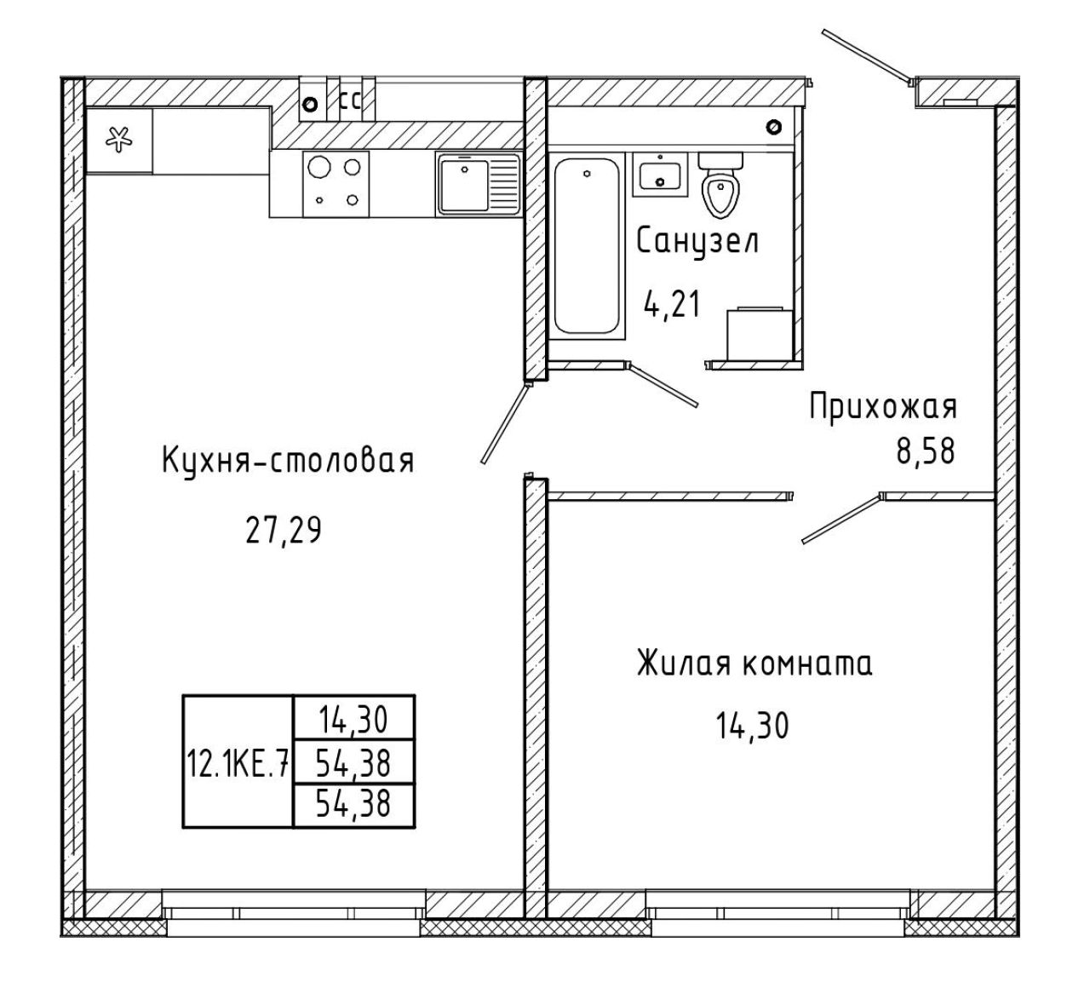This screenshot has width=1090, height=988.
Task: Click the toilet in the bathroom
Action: pyautogui.click(x=720, y=185)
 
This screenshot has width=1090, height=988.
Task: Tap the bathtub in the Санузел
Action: pyautogui.click(x=586, y=245)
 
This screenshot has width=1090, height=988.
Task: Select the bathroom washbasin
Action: pyautogui.click(x=660, y=174)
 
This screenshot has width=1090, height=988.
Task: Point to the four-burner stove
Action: pyautogui.click(x=336, y=184)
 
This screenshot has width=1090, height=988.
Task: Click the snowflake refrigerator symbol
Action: pyautogui.click(x=118, y=139)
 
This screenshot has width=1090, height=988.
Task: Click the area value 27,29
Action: pyautogui.click(x=284, y=531)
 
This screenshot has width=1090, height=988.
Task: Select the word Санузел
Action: pyautogui.click(x=697, y=242)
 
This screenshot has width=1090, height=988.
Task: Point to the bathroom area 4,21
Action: pyautogui.click(x=672, y=304)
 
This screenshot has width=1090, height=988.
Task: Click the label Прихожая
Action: pyautogui.click(x=883, y=406)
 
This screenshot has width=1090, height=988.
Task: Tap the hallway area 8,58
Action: pyautogui.click(x=926, y=451)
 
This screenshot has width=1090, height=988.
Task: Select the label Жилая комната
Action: pyautogui.click(x=754, y=663)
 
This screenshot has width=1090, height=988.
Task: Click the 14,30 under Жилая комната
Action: pyautogui.click(x=752, y=726)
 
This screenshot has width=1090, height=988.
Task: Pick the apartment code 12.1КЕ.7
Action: pyautogui.click(x=237, y=762)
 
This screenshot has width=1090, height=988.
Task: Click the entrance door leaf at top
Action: pyautogui.click(x=866, y=56)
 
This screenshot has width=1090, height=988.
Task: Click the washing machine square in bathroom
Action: pyautogui.click(x=760, y=333)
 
